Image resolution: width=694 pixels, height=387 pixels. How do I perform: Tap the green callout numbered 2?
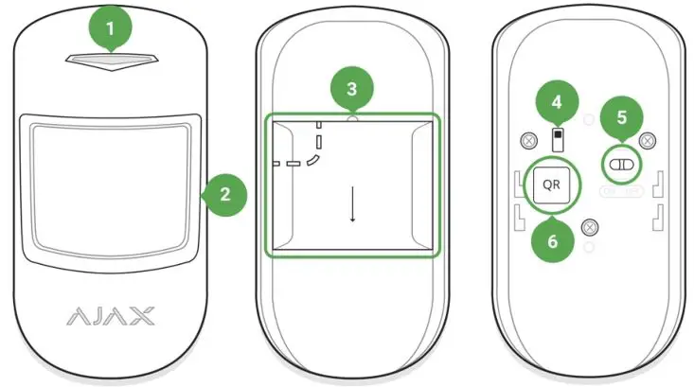click(225, 195)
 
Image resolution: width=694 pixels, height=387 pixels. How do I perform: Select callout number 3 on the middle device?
click(351, 90)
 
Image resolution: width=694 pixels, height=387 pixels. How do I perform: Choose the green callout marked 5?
click(622, 118)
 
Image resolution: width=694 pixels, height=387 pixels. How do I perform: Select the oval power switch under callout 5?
click(621, 164)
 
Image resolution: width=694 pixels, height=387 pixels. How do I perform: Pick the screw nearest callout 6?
click(590, 226)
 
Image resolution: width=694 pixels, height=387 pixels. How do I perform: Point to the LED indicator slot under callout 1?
click(111, 61)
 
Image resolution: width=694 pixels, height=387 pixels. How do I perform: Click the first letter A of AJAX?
click(76, 315)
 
